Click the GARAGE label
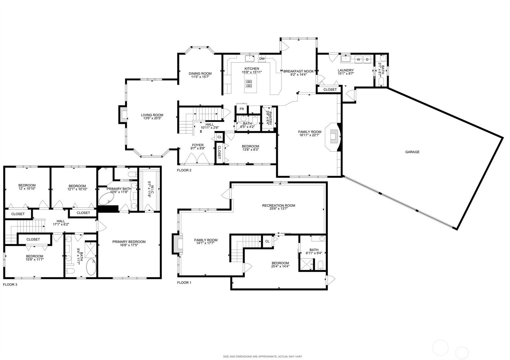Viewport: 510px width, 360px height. click(x=412, y=152)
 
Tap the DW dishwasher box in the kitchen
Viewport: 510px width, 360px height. click(x=262, y=59)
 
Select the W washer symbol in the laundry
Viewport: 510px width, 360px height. click(x=358, y=60)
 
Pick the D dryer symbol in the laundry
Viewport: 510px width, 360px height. click(x=367, y=60)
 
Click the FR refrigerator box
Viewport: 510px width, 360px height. click(x=242, y=109)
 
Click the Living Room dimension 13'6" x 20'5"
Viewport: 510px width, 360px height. click(x=152, y=119)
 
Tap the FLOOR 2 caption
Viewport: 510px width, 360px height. click(x=184, y=170)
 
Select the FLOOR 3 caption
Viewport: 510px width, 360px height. click(x=10, y=284)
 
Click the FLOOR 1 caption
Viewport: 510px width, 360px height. click(x=184, y=283)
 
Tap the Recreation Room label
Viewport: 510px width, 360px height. click(x=279, y=205)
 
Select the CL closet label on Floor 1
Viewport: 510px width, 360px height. click(x=267, y=241)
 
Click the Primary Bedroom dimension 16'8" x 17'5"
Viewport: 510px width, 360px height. click(x=129, y=245)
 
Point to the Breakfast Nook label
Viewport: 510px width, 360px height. click(x=299, y=71)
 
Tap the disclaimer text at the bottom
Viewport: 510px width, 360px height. click(x=262, y=356)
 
